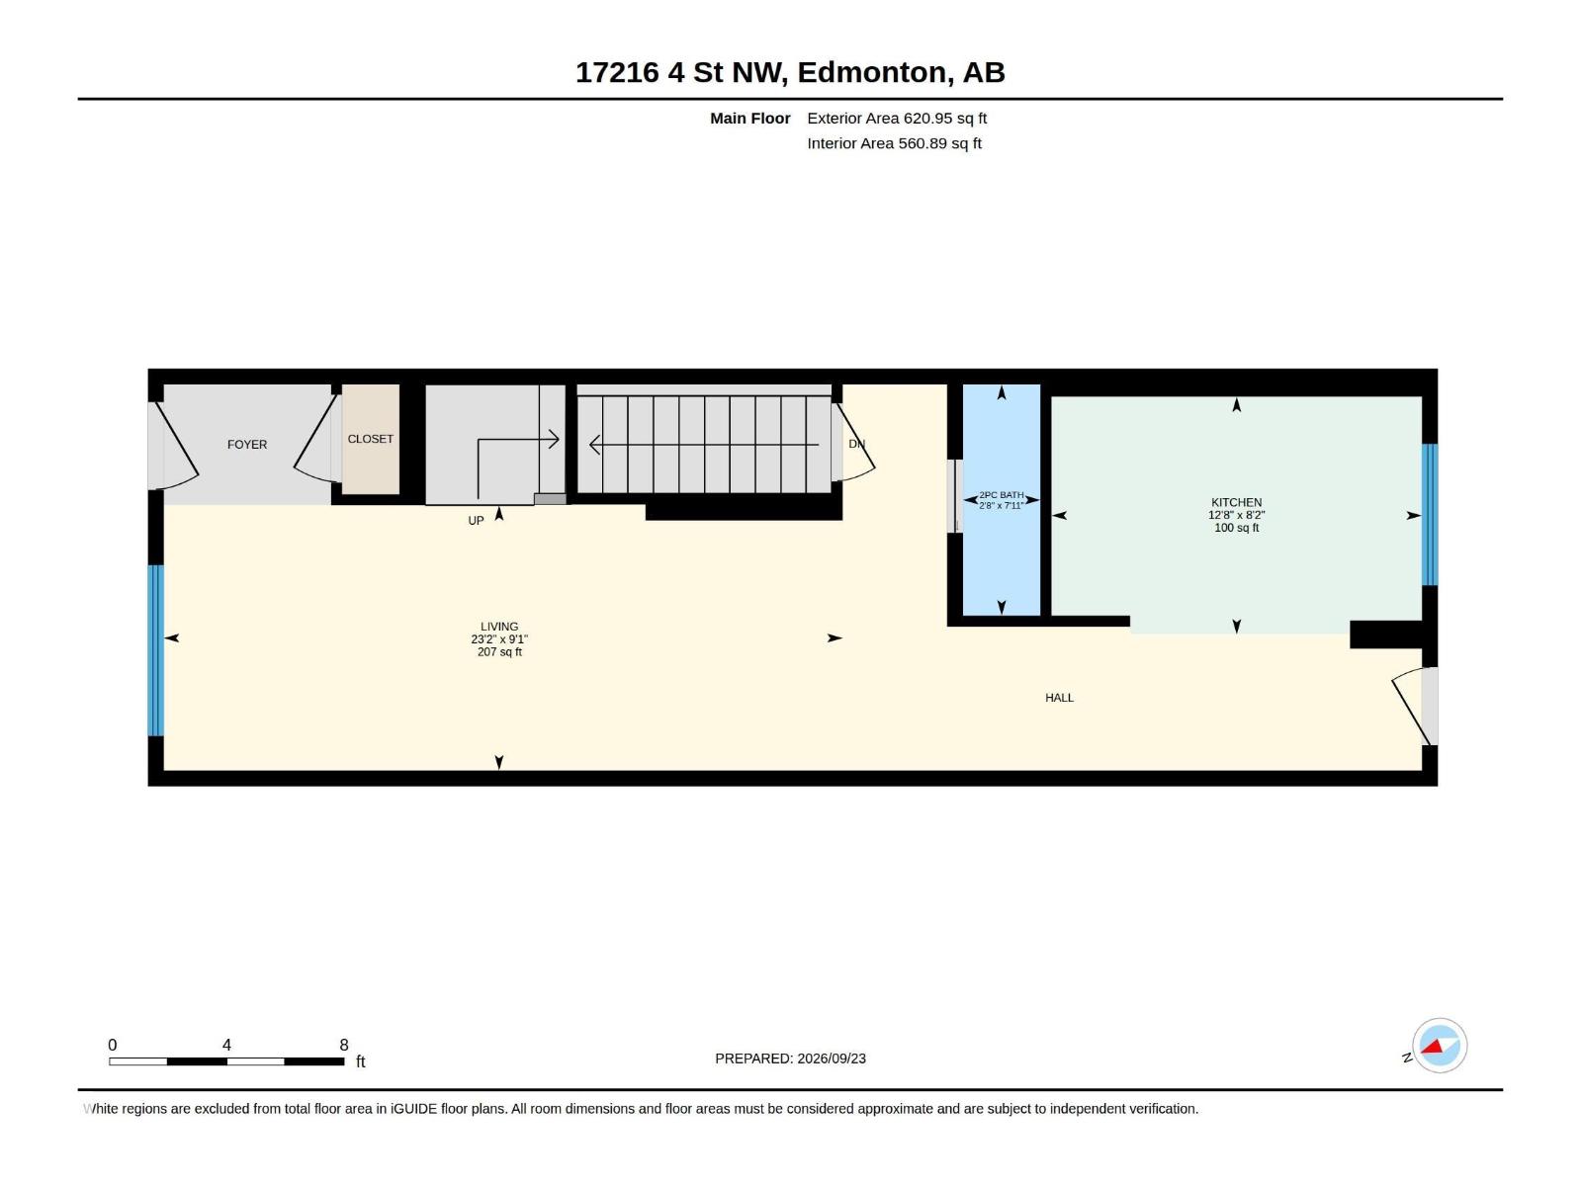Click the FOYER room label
pos(246,445)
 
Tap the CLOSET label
pos(371,439)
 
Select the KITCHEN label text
pos(1236,502)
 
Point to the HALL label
pos(1059,697)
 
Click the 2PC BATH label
pos(1001,495)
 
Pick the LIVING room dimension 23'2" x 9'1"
pos(499,638)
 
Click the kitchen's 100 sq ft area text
pos(1236,527)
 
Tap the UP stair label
pos(476,520)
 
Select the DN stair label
pos(856,444)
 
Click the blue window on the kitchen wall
pos(1429,514)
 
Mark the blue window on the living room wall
pos(155,650)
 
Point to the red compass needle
pos(1432,1046)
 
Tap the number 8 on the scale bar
pos(344,1044)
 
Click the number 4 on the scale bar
pos(226,1044)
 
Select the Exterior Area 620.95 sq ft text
pos(897,118)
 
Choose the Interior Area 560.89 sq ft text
pos(894,143)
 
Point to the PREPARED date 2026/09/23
pos(831,1058)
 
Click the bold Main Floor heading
pos(749,118)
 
